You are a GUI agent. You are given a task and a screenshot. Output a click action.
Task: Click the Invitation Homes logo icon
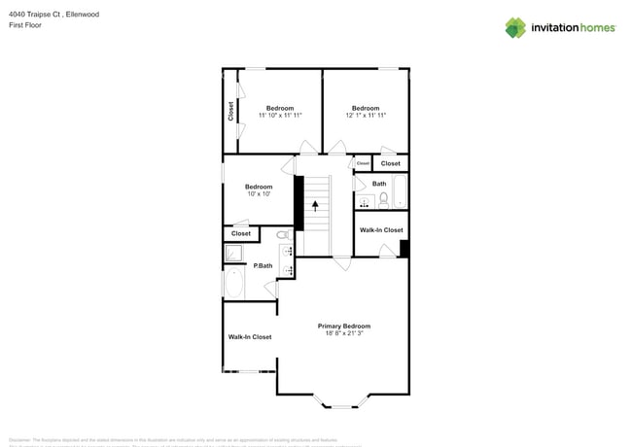(515, 27)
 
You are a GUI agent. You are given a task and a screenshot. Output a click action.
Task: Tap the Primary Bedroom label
(344, 326)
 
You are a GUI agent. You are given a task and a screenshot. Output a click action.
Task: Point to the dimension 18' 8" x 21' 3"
(344, 334)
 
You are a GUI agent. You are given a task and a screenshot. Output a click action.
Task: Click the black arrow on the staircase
(315, 204)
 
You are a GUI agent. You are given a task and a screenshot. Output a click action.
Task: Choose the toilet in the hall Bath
(384, 200)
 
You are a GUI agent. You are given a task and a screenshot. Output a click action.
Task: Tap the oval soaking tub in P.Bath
(234, 284)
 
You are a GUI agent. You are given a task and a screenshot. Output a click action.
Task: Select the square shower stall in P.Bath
(234, 254)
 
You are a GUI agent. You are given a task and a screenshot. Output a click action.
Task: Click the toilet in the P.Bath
(283, 235)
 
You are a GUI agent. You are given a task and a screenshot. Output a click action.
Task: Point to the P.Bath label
(263, 265)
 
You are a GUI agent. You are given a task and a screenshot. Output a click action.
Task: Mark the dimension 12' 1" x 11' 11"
(366, 116)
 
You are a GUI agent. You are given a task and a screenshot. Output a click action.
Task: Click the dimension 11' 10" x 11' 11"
(280, 116)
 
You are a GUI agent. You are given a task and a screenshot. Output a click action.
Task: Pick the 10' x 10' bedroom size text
(258, 194)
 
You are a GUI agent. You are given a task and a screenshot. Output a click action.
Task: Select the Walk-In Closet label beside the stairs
(381, 230)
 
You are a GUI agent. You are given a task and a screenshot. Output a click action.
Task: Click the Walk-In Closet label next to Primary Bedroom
(250, 337)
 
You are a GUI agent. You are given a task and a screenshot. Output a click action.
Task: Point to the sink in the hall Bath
(366, 201)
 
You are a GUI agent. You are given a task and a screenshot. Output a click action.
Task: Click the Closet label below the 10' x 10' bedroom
(241, 233)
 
